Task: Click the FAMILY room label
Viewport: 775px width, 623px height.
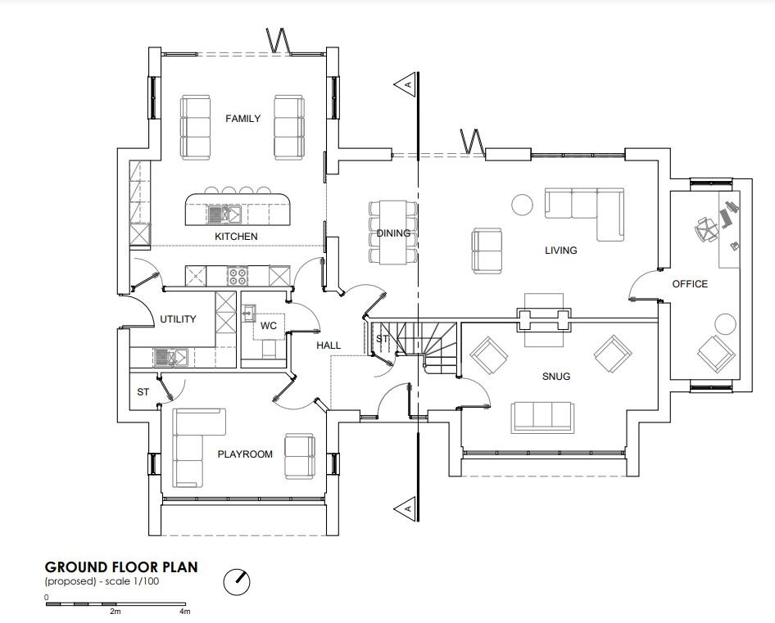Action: pos(242,119)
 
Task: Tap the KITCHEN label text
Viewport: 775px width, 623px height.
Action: pos(236,237)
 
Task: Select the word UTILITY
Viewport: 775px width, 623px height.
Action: pos(178,319)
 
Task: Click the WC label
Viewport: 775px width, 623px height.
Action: pos(269,326)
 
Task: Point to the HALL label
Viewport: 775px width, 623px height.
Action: pos(329,345)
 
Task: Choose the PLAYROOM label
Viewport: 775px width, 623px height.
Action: pos(245,454)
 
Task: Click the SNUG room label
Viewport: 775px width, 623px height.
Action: pos(555,377)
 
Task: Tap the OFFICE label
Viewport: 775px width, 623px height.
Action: pos(690,284)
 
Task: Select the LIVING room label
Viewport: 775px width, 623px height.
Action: pos(560,251)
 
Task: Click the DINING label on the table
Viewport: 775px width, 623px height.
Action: pos(393,233)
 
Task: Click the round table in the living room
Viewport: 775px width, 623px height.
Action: pos(521,205)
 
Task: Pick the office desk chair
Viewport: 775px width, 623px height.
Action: pos(706,228)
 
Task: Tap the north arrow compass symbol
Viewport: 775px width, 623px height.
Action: pos(237,582)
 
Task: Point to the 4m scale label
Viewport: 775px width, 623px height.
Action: pos(184,612)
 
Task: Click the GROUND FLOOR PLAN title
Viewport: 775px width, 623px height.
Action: pos(121,567)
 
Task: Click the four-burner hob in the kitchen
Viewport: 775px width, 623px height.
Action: pos(238,275)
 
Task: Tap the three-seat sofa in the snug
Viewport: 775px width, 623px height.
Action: pos(542,416)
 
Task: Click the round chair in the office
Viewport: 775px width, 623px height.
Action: pos(726,324)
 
